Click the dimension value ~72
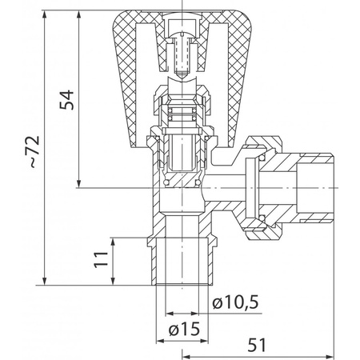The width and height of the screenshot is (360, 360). coord(34,152)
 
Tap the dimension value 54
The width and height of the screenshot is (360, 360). coord(66,100)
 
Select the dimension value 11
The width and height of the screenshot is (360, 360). coord(101,259)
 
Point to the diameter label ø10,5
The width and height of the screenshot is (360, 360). coord(235,302)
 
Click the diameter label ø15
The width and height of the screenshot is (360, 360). coord(184,329)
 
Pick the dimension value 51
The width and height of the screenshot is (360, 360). coord(257,345)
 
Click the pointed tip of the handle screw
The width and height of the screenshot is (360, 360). coord(182,78)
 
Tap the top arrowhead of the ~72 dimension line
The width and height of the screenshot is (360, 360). coord(45,15)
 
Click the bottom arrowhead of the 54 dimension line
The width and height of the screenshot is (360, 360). coord(78,183)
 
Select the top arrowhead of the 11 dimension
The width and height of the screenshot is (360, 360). coord(113,242)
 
